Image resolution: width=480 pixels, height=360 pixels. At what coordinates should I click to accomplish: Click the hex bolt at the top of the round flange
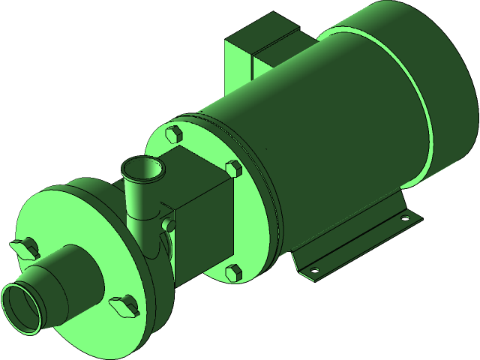click(x=172, y=135)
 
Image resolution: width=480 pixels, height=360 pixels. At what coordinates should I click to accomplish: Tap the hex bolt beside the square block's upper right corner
click(x=233, y=169)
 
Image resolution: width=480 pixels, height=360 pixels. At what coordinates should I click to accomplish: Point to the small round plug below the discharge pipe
click(x=168, y=224)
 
